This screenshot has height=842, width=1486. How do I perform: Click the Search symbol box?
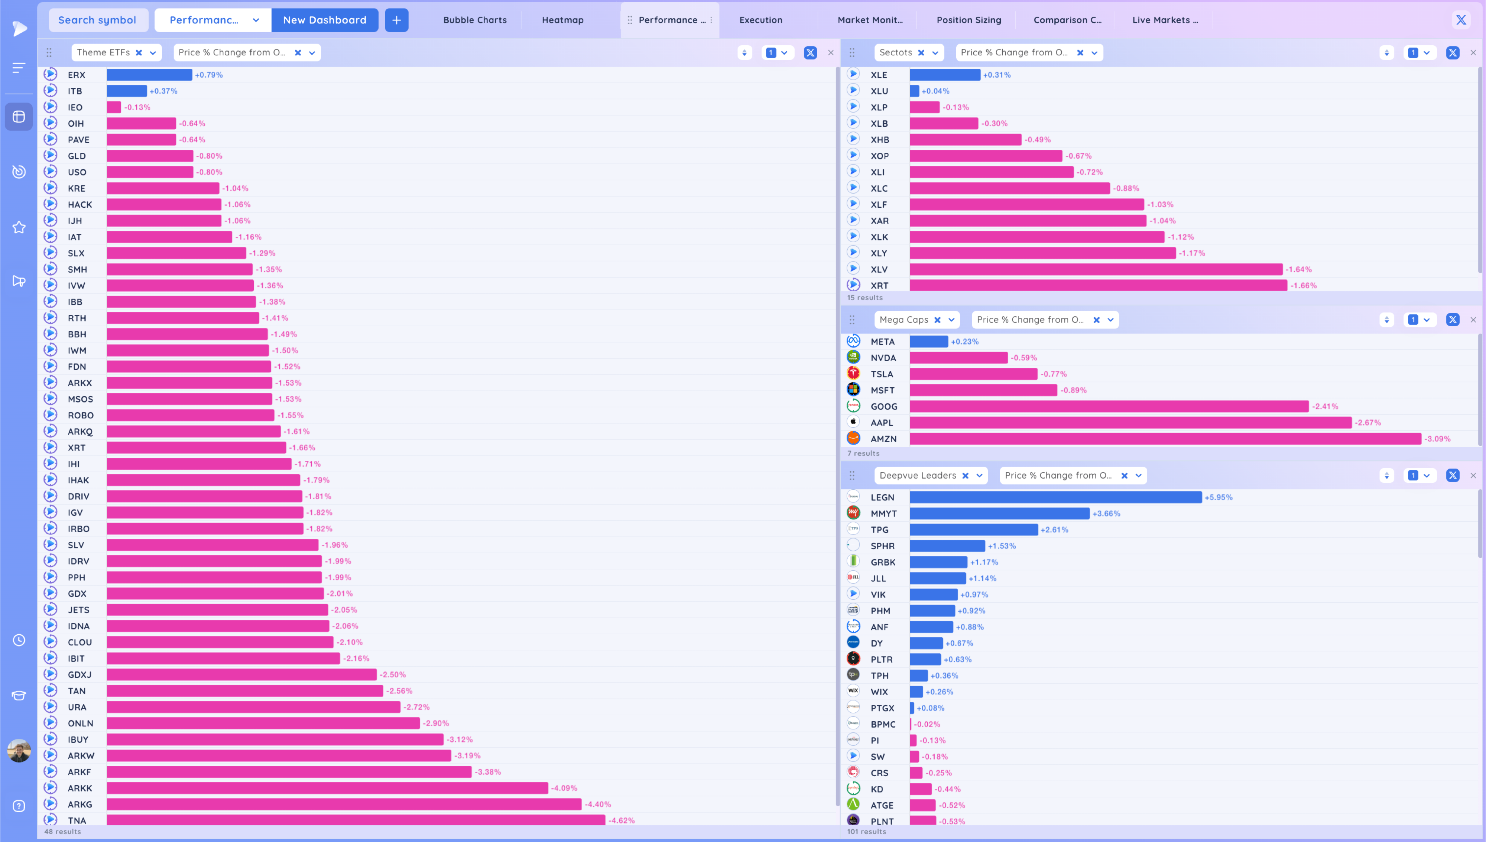(x=97, y=20)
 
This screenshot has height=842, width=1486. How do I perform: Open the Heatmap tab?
(x=562, y=20)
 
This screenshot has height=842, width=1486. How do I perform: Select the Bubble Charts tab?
(x=474, y=20)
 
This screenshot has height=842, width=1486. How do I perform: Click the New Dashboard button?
(x=324, y=20)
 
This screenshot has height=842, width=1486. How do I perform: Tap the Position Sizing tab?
(x=969, y=20)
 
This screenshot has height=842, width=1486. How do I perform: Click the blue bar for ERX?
(x=149, y=75)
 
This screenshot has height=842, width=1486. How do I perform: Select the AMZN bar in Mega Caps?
(x=1165, y=439)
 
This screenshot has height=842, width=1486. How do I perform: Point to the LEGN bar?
(x=1055, y=497)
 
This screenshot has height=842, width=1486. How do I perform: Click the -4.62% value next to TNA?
(x=622, y=820)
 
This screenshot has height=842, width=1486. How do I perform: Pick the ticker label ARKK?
(x=80, y=788)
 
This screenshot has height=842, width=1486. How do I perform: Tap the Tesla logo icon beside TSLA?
(x=853, y=373)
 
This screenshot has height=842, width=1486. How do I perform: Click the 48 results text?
(x=62, y=832)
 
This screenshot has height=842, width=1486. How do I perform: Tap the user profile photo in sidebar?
(x=19, y=751)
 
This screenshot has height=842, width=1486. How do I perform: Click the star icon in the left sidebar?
(x=19, y=227)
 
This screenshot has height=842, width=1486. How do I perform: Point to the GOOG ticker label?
(x=884, y=407)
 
